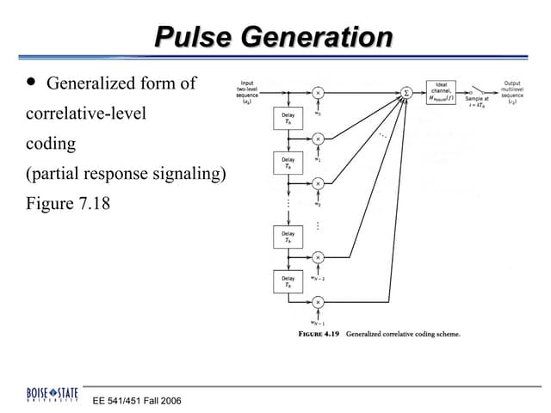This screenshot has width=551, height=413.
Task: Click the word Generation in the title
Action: [x=314, y=38]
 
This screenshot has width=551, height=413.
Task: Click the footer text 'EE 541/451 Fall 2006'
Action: [x=138, y=400]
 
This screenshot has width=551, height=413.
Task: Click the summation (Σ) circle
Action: [x=406, y=91]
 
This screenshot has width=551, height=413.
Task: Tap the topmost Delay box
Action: [x=288, y=119]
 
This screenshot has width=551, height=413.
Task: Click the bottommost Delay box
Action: [x=288, y=281]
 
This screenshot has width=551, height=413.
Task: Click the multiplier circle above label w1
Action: [x=318, y=138]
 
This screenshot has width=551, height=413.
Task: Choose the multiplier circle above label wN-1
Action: [x=318, y=302]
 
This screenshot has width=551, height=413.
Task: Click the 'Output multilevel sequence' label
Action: [x=512, y=92]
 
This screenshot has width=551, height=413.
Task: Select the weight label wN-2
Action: [x=318, y=278]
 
